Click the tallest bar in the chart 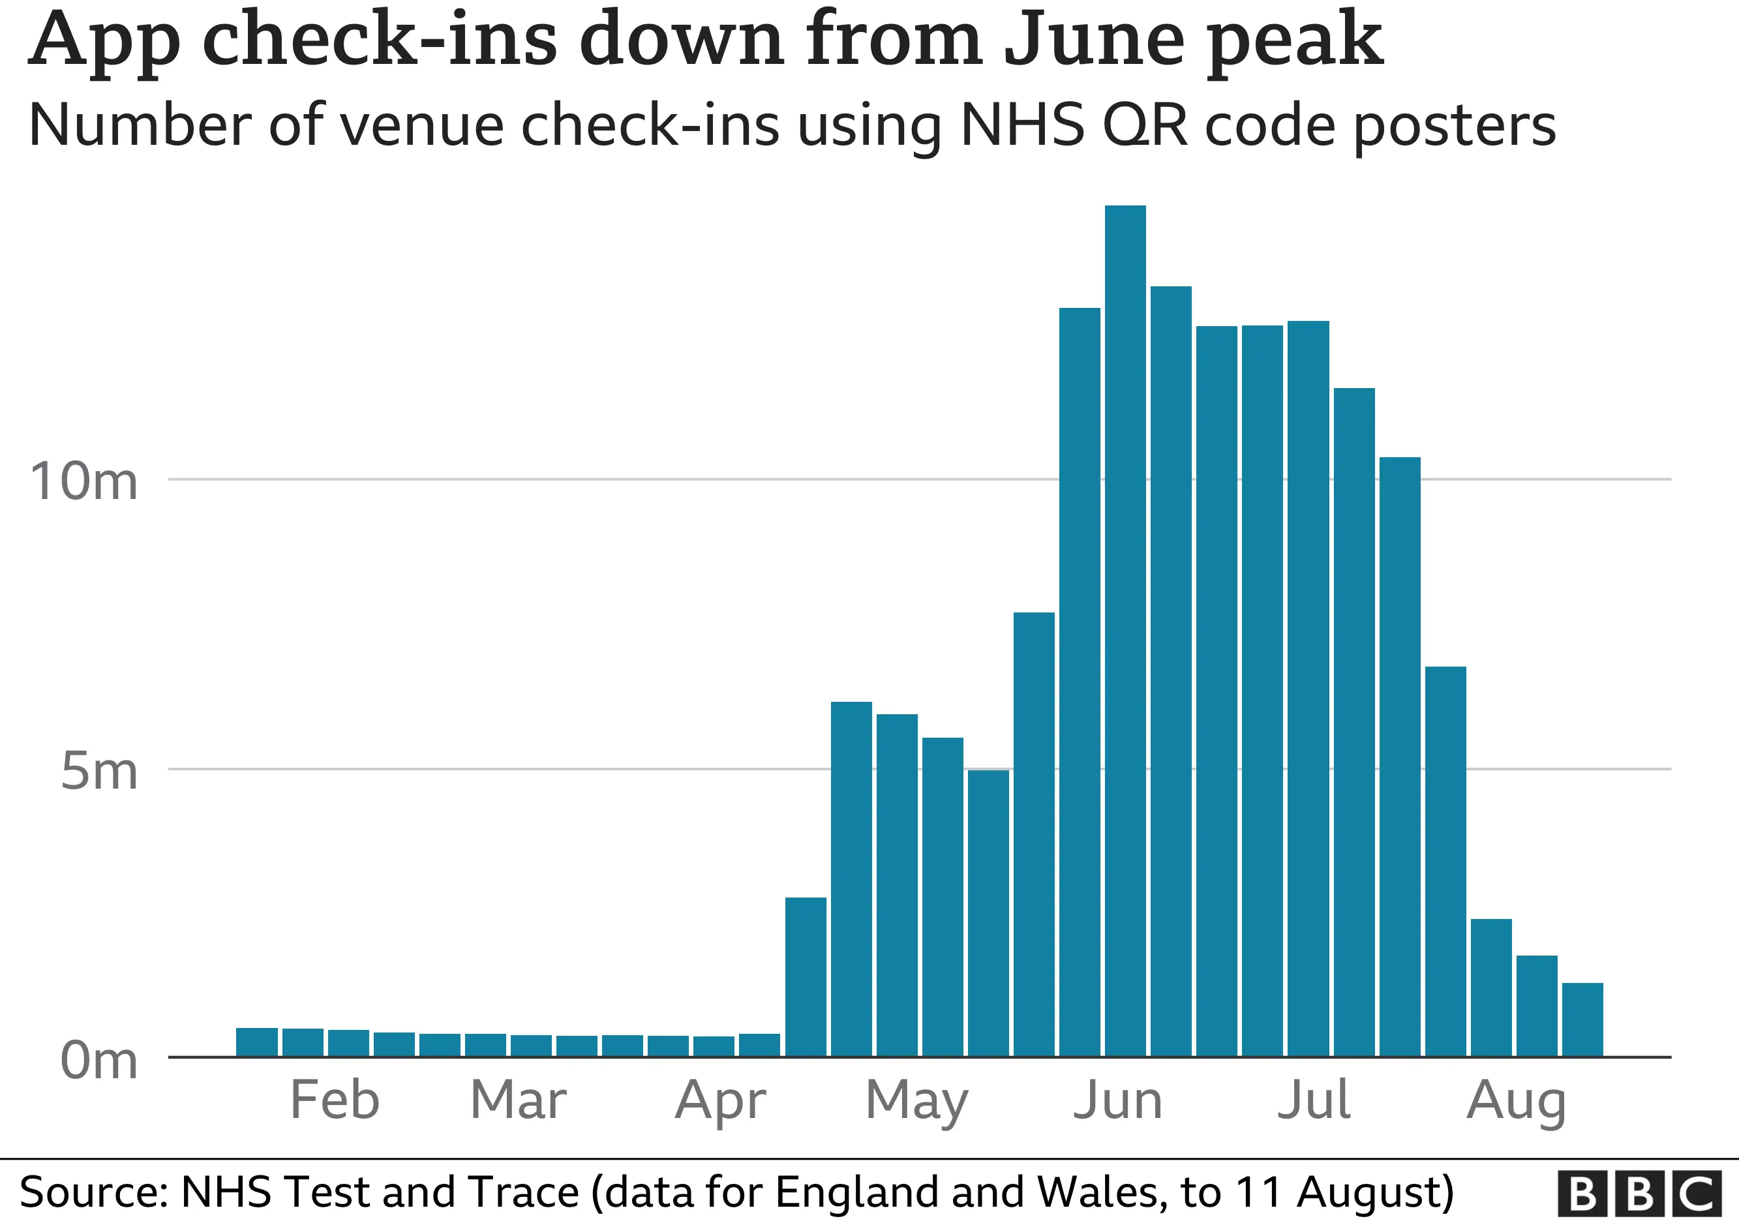click(x=1125, y=629)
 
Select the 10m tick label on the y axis click(x=83, y=481)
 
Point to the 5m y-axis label click(x=98, y=772)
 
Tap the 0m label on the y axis click(x=98, y=1060)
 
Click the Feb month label click(x=335, y=1100)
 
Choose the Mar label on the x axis click(x=518, y=1100)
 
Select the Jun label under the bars click(x=1118, y=1100)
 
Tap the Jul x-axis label click(x=1314, y=1100)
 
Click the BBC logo click(x=1639, y=1194)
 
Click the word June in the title click(x=1095, y=39)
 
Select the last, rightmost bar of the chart click(x=1582, y=1019)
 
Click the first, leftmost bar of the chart click(x=257, y=1042)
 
